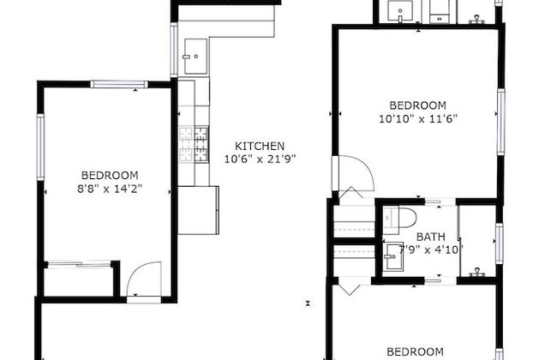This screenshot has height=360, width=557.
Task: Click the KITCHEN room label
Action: pyautogui.click(x=254, y=147)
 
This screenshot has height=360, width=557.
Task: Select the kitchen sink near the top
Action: pyautogui.click(x=193, y=56)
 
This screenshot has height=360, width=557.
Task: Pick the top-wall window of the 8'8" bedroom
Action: pyautogui.click(x=119, y=84)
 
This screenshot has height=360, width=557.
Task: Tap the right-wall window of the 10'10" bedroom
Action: pyautogui.click(x=500, y=111)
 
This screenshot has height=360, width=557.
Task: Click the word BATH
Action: pyautogui.click(x=429, y=237)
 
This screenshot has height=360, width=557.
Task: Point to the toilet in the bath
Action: pyautogui.click(x=401, y=215)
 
